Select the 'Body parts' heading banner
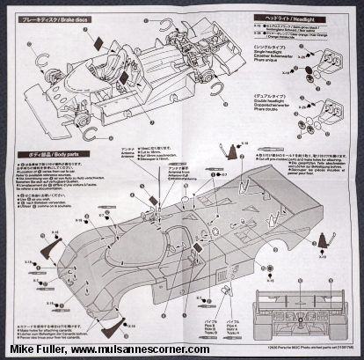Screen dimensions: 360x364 (48, 155)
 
